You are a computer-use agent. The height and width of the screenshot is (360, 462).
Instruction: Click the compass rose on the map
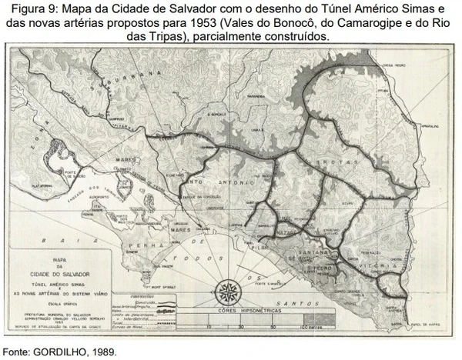228,291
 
